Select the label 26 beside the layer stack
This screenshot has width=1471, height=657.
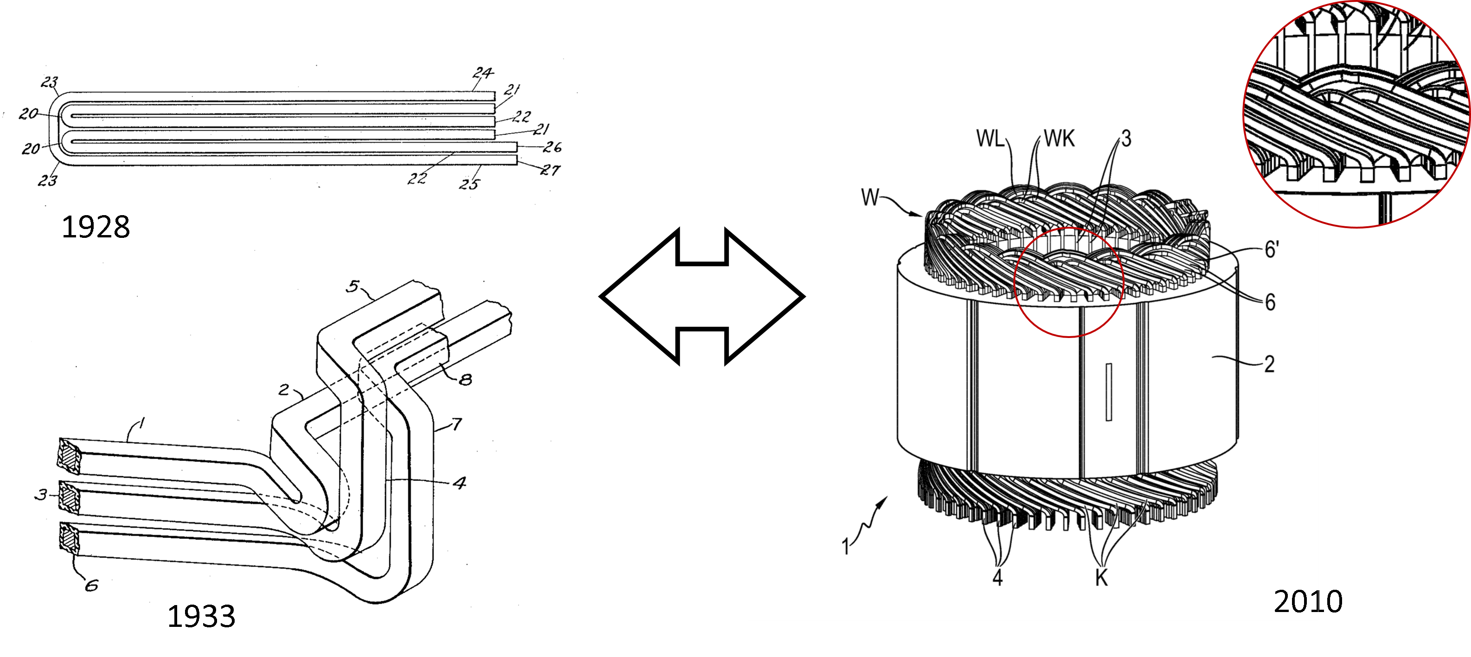(552, 148)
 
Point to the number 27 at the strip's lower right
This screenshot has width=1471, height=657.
(552, 170)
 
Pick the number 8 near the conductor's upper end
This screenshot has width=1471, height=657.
(466, 378)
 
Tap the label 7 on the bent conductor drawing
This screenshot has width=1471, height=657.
(456, 424)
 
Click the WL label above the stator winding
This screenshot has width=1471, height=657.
(990, 139)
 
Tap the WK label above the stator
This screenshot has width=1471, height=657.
(1059, 139)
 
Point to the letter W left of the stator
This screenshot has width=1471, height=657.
(870, 198)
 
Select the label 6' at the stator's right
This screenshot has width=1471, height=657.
(1271, 249)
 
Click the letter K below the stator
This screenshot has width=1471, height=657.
(1101, 578)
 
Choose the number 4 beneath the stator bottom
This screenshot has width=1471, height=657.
(998, 578)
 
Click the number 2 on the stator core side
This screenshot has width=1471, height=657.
(1269, 363)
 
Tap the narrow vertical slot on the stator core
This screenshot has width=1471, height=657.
(1109, 392)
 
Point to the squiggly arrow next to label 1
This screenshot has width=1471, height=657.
(871, 518)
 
